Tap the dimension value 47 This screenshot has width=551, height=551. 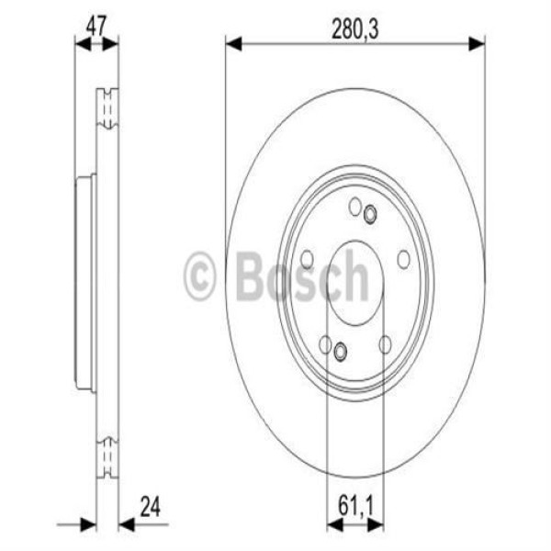pos(96,25)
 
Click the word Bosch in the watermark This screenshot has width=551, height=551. pos(302,275)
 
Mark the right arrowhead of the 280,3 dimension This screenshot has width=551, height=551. pos(478,43)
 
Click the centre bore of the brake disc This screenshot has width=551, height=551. pos(355,283)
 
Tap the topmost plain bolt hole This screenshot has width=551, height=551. pos(355,207)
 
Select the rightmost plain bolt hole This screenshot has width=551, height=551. pos(403,260)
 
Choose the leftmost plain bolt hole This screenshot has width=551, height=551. pos(308,260)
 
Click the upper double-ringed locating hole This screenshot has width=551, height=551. pos(370,215)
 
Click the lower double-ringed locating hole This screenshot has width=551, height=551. pos(341,351)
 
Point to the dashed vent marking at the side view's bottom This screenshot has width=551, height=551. pos(107,455)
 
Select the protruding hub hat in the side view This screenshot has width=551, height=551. pos(84,283)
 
